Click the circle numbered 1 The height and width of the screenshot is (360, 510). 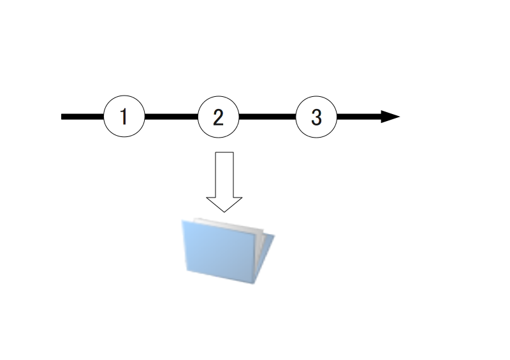[124, 116]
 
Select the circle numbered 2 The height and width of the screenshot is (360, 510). [218, 117]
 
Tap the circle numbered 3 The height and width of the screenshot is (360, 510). [316, 117]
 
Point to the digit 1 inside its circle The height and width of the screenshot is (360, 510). [123, 117]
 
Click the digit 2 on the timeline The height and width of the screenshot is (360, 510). [218, 117]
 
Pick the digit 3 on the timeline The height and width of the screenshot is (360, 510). [316, 117]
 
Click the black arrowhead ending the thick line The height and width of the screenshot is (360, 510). [390, 117]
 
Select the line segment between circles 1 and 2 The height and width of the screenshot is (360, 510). [171, 117]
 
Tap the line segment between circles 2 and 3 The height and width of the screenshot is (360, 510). [267, 117]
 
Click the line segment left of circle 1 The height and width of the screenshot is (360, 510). [83, 117]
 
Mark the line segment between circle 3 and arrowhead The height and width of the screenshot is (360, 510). [359, 117]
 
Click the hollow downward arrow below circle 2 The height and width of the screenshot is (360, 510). [224, 182]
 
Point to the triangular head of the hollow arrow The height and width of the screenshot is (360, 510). [224, 205]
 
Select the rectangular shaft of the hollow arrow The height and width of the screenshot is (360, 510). [224, 175]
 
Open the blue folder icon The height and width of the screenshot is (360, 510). [228, 251]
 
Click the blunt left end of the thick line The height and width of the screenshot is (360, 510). [61, 117]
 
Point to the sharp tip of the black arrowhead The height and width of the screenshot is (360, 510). [400, 117]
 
